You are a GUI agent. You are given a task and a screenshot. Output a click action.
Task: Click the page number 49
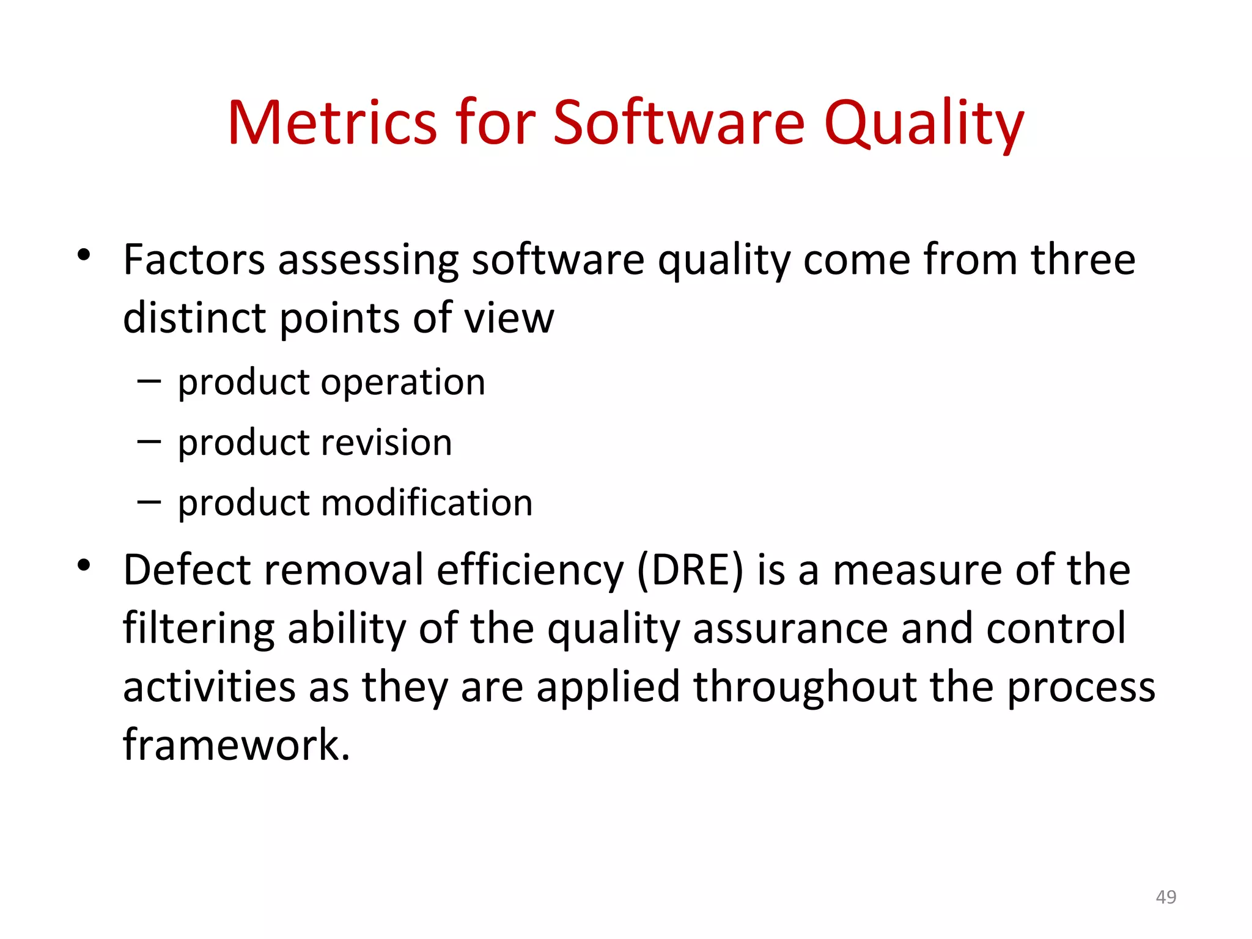click(1166, 897)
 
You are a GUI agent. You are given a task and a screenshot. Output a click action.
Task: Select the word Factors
click(194, 260)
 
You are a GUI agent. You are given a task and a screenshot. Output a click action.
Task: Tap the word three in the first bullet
click(1083, 260)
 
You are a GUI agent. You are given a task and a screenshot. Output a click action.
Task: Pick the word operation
click(403, 384)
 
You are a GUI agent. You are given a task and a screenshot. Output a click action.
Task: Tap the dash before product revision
click(149, 441)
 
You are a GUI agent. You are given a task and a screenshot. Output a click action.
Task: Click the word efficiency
click(530, 570)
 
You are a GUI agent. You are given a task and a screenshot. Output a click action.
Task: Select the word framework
click(237, 745)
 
